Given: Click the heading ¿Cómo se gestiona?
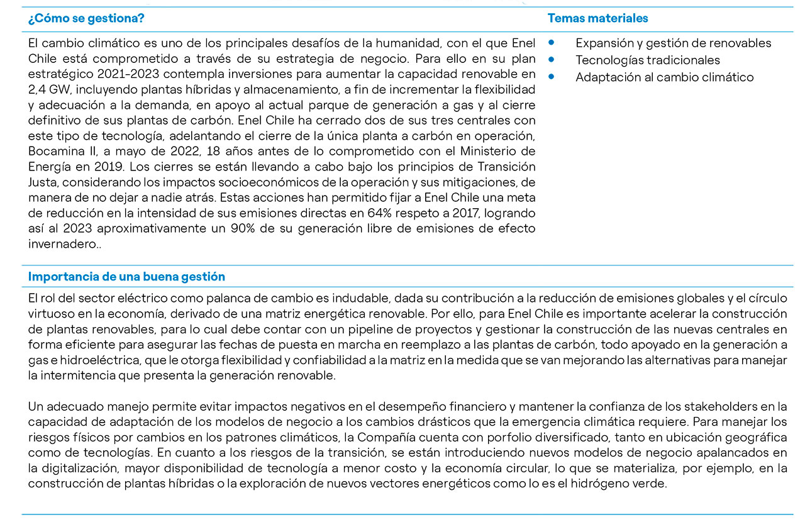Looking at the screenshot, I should tap(86, 18).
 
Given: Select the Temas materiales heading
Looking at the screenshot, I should tap(597, 18).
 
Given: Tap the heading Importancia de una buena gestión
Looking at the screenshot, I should tap(126, 277).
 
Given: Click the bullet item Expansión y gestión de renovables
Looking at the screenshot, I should tap(673, 43).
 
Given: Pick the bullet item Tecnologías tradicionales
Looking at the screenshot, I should tap(647, 60).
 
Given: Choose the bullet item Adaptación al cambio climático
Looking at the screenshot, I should tap(664, 77).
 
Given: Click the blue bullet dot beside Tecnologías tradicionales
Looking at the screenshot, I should tap(551, 60).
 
